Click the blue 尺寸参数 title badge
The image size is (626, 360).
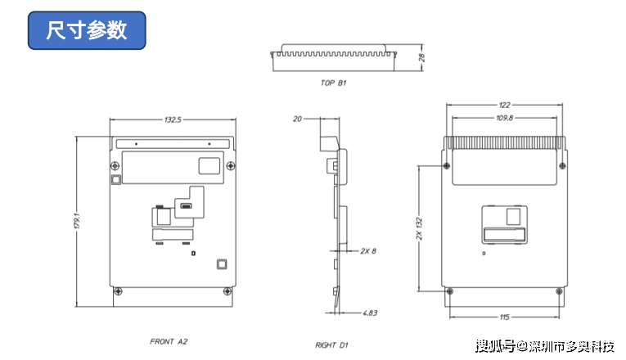pos(87,30)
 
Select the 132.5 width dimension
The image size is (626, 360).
pos(173,119)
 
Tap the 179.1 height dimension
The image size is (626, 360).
pos(77,221)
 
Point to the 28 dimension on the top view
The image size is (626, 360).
pos(421,57)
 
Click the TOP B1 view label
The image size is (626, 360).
pos(333,83)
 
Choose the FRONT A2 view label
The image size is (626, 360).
pos(169,342)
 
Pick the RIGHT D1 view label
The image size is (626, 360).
pos(331,345)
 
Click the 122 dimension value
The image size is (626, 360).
pos(504,105)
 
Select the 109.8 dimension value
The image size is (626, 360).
pos(504,118)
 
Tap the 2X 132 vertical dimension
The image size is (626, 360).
pos(419,229)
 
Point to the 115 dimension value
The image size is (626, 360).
pos(504,317)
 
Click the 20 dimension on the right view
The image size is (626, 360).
pos(297,119)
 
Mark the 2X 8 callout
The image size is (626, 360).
pos(368,251)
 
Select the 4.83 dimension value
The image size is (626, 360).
pos(370,313)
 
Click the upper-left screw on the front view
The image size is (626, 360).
pos(115,165)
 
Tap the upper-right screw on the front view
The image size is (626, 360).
pos(231,165)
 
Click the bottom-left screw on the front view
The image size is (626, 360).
pos(118,291)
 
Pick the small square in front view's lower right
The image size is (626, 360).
pos(222,264)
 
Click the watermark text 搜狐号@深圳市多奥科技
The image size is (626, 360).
pos(544,346)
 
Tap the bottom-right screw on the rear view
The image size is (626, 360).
pos(559,291)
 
